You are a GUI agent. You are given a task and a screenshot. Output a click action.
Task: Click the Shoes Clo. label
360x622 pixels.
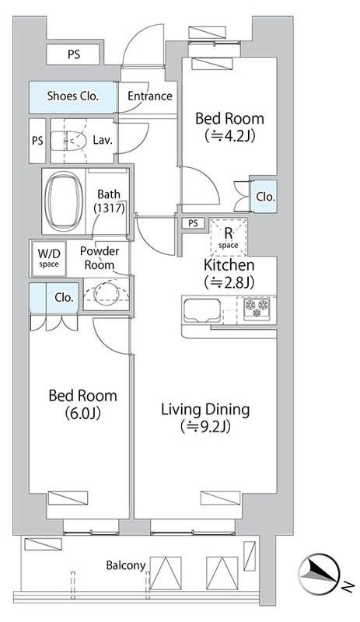72,96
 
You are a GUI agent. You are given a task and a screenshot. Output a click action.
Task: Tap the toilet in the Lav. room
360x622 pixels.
69,141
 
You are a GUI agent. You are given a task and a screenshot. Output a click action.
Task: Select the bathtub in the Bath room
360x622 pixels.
64,201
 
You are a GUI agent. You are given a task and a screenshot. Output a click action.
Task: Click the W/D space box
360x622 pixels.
49,259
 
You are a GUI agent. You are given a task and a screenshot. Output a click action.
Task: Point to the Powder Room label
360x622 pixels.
100,258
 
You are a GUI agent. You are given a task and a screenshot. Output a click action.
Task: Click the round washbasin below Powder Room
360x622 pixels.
106,293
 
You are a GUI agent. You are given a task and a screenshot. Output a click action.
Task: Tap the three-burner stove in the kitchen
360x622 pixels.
257,309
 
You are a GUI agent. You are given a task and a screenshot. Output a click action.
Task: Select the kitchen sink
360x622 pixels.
201,309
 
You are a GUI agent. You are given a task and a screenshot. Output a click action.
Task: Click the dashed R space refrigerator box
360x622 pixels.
229,237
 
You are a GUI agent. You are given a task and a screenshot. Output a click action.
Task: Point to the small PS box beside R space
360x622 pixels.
193,223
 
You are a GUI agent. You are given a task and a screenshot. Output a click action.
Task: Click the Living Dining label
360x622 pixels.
205,410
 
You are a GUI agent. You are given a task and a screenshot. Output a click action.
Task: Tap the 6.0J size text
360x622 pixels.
82,414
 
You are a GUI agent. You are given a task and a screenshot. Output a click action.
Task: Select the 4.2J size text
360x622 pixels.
229,136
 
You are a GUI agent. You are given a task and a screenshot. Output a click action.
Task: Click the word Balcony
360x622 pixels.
125,566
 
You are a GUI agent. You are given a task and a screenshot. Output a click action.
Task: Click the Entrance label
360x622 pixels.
150,96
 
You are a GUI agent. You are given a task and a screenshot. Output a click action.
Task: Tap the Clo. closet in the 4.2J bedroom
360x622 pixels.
264,197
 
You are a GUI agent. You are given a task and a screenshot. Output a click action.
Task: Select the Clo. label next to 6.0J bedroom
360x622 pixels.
64,298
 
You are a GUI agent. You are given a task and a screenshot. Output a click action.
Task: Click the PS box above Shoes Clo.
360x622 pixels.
73,54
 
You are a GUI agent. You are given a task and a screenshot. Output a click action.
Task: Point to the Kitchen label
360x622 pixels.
229,264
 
